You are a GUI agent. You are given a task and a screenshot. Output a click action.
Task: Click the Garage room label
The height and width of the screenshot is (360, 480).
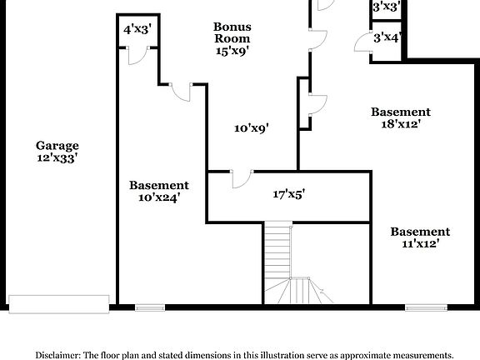57,144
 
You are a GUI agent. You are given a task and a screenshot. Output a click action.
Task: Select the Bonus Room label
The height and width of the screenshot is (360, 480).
232,32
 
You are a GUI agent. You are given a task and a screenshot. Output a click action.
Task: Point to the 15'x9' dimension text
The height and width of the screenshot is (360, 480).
232,50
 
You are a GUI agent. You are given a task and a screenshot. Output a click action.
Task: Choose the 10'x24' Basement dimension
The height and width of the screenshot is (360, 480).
158,197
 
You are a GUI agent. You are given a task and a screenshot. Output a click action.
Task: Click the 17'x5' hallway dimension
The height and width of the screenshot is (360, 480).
288,194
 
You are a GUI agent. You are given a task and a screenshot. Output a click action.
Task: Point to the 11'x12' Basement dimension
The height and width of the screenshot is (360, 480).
420,244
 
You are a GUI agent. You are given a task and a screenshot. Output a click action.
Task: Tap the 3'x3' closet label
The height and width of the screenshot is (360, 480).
387,7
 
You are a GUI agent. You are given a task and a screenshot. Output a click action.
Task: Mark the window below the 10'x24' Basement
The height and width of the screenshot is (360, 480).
149,307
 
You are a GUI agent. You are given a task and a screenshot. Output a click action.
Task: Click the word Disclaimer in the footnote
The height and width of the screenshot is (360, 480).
56,353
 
